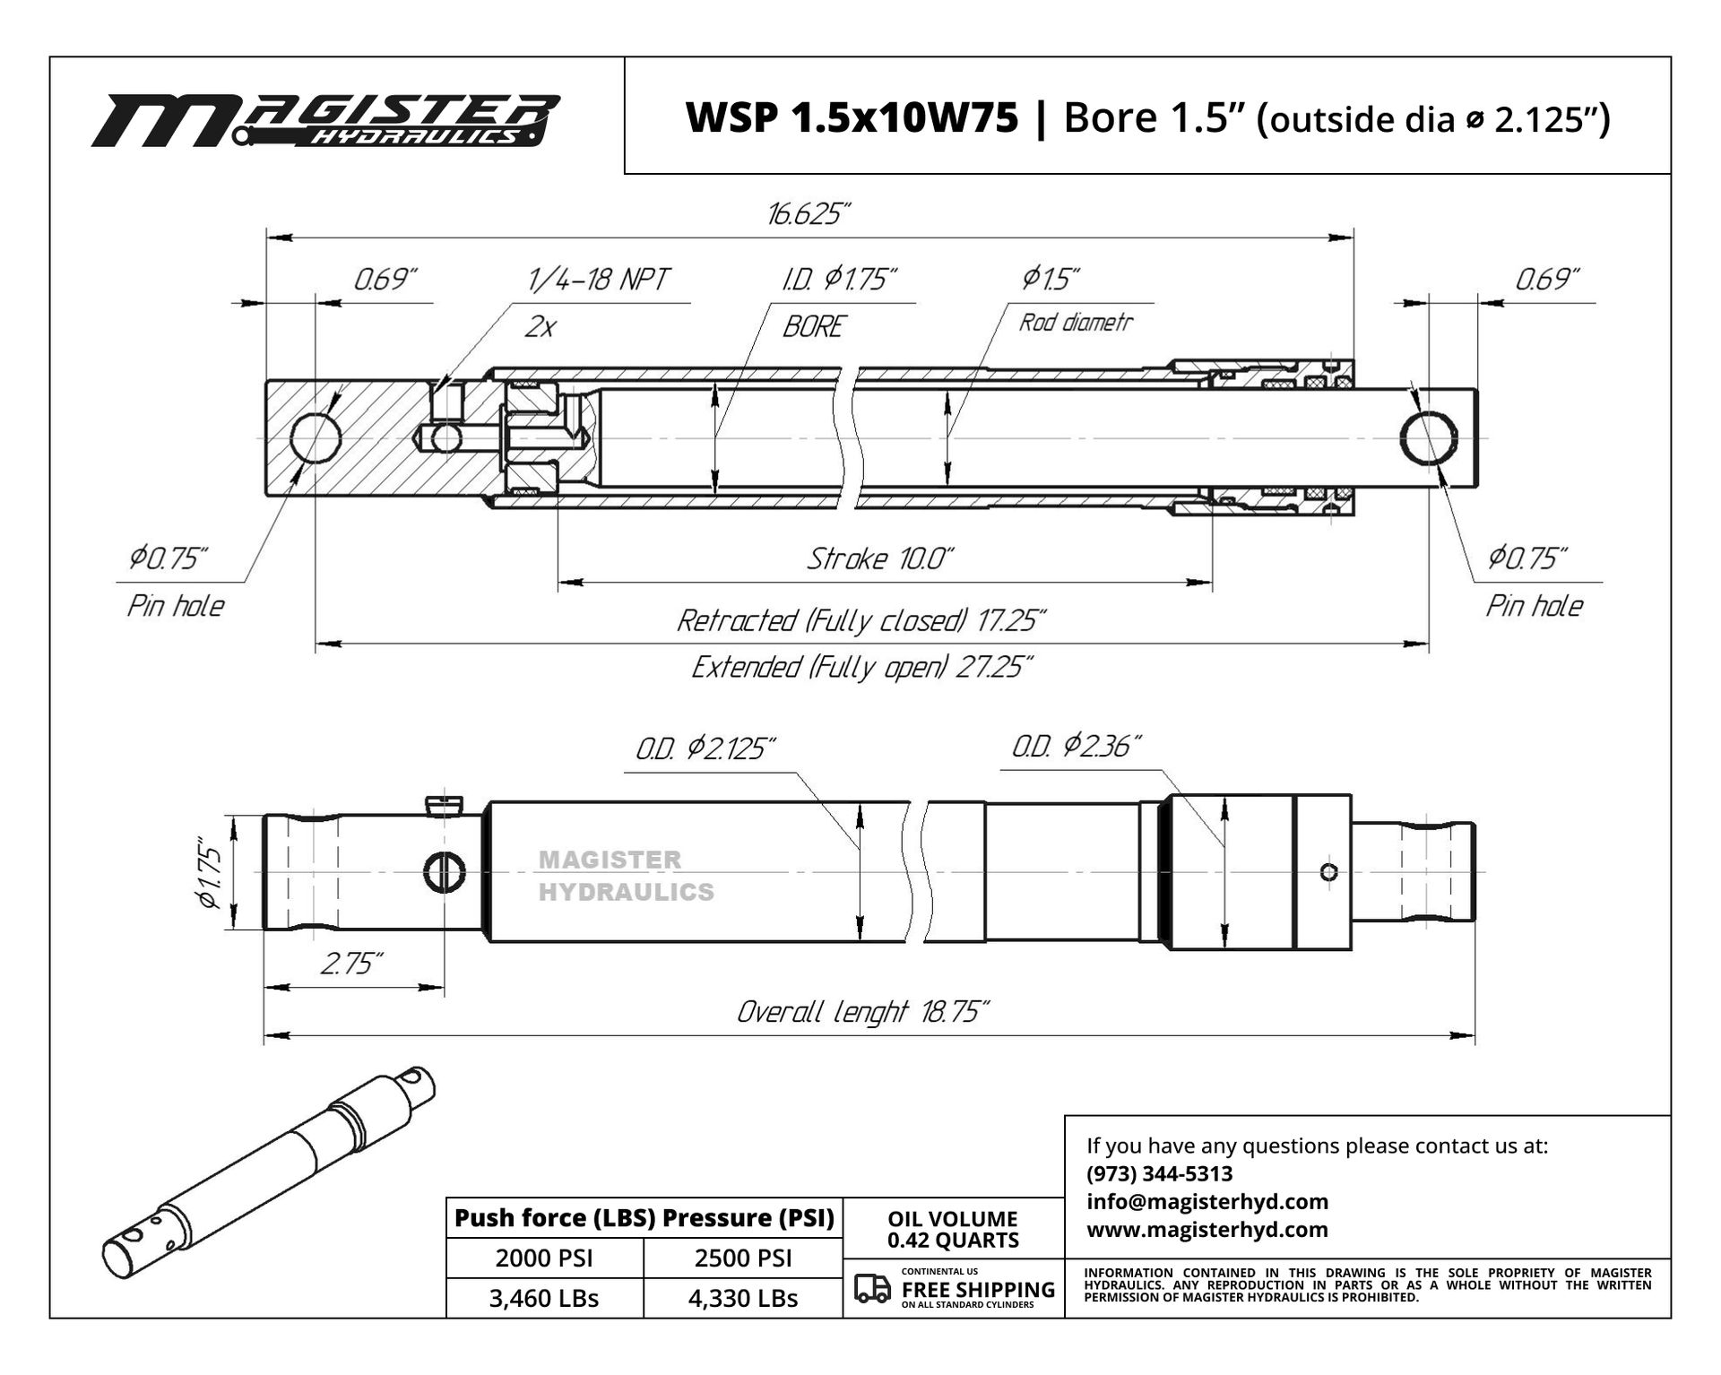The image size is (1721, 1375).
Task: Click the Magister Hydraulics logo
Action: pos(326,121)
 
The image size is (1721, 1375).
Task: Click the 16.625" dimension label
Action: pos(808,215)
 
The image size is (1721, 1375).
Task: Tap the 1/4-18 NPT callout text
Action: pos(597,280)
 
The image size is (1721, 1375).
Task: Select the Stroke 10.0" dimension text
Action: pos(880,559)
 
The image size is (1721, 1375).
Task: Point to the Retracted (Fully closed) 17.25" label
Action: pos(861,620)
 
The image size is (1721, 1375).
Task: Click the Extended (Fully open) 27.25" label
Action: pos(862,668)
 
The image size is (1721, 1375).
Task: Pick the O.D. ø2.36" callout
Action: pos(1077,746)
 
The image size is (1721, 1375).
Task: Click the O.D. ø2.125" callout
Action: pos(705,748)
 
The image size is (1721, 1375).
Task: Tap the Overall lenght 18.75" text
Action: pos(862,1012)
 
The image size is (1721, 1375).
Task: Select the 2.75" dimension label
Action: pos(351,964)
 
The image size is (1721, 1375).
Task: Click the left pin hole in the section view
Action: pos(316,438)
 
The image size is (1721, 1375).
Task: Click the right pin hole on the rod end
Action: pos(1429,438)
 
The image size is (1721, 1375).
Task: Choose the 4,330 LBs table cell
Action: pos(743,1298)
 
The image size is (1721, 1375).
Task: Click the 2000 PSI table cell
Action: pos(544,1258)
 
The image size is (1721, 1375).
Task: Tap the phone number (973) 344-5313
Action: pos(1159,1173)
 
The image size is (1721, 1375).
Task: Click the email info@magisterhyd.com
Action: pos(1207,1201)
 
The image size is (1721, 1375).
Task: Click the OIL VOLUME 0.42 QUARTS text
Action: pos(953,1230)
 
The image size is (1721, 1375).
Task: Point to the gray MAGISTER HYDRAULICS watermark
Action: pos(627,876)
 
